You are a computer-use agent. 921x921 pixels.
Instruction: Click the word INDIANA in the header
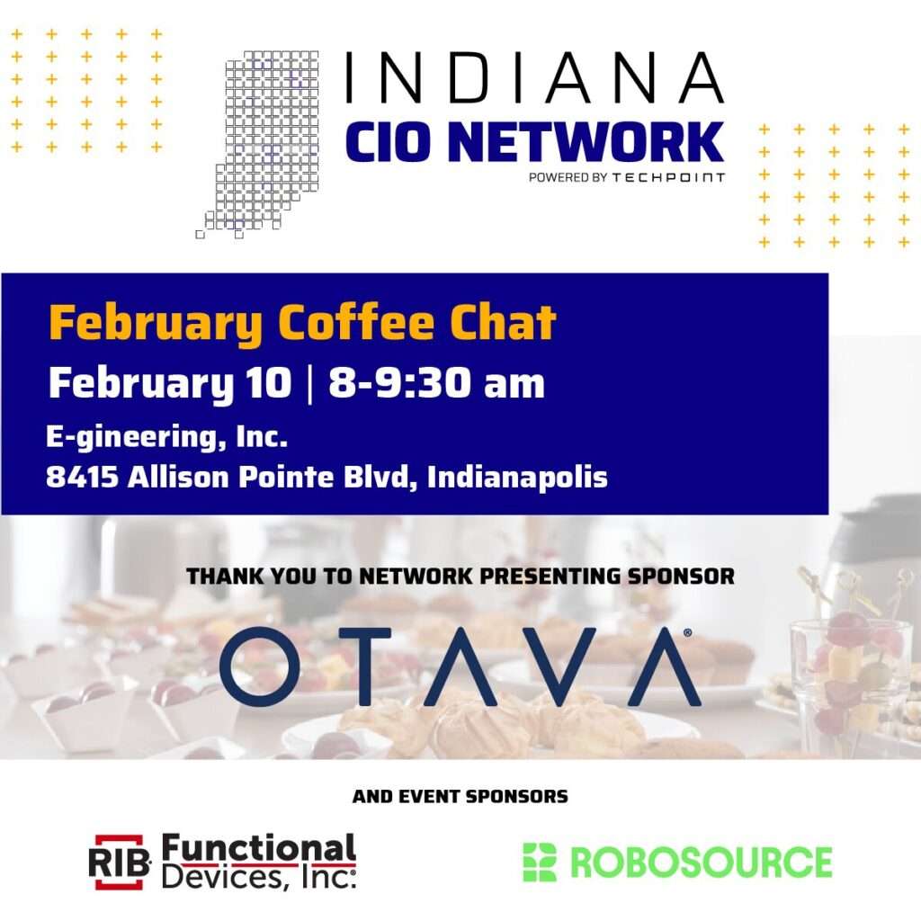tap(534, 78)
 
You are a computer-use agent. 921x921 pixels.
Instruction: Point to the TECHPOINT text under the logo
tap(668, 177)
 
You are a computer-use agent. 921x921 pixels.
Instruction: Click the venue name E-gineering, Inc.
tap(166, 439)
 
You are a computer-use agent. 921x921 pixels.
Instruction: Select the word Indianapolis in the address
tap(517, 477)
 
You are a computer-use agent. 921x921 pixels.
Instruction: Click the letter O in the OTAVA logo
tap(260, 666)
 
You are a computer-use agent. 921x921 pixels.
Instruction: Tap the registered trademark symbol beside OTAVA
tap(688, 633)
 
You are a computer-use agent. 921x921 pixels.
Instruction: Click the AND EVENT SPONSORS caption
tap(460, 796)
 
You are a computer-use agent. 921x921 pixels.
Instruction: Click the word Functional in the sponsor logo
tap(259, 849)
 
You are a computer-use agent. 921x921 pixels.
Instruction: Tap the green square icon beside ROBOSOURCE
tap(540, 862)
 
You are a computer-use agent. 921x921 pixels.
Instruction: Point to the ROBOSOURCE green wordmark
tap(702, 862)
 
